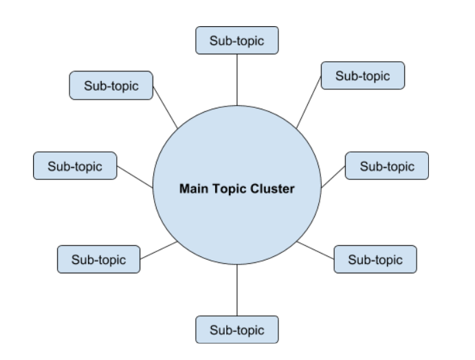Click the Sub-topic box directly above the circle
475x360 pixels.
237,41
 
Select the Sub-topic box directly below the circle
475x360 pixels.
237,328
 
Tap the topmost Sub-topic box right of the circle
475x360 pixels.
362,76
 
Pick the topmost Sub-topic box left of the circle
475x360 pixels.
111,86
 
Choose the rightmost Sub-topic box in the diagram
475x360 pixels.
387,166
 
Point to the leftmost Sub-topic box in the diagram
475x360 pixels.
75,166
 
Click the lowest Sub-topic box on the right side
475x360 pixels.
375,260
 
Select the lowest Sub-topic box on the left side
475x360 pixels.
99,260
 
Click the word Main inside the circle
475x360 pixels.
193,188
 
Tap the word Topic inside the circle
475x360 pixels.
228,188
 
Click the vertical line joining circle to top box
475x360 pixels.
237,79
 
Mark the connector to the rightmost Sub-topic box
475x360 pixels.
333,176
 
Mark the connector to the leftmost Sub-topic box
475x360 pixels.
135,176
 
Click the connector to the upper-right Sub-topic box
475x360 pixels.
309,101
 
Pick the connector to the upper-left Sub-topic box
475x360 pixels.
165,106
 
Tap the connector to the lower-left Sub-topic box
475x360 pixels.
159,250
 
